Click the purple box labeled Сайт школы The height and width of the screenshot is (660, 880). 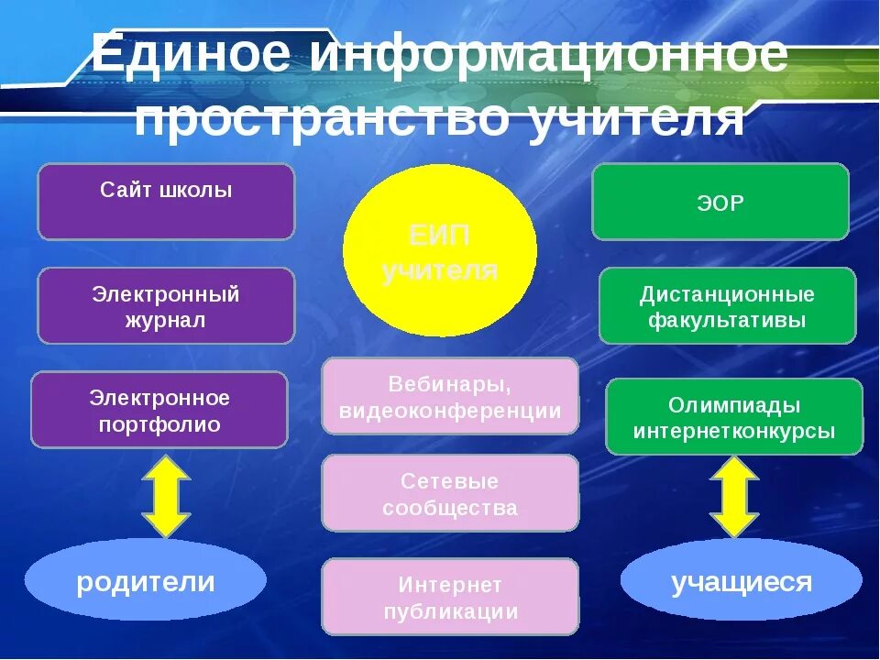pyautogui.click(x=166, y=202)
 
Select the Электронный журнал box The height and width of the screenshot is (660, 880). pyautogui.click(x=166, y=306)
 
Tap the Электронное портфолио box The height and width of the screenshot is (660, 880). pyautogui.click(x=159, y=410)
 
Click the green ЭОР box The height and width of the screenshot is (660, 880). pyautogui.click(x=720, y=202)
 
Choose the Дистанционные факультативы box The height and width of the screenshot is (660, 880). pyautogui.click(x=727, y=306)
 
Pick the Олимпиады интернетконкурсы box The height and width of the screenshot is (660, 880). pyautogui.click(x=734, y=417)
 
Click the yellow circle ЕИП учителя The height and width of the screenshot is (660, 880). pyautogui.click(x=440, y=251)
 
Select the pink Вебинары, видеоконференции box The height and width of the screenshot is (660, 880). pyautogui.click(x=450, y=396)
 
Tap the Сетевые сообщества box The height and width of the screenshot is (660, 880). pyautogui.click(x=450, y=493)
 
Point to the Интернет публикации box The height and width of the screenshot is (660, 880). pyautogui.click(x=450, y=597)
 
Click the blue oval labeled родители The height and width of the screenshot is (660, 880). pyautogui.click(x=146, y=580)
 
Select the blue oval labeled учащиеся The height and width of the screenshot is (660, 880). pyautogui.click(x=742, y=581)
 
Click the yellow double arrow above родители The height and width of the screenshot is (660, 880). pyautogui.click(x=166, y=496)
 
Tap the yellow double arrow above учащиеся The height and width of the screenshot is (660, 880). pyautogui.click(x=734, y=496)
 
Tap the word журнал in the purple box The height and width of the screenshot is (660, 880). pyautogui.click(x=166, y=321)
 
